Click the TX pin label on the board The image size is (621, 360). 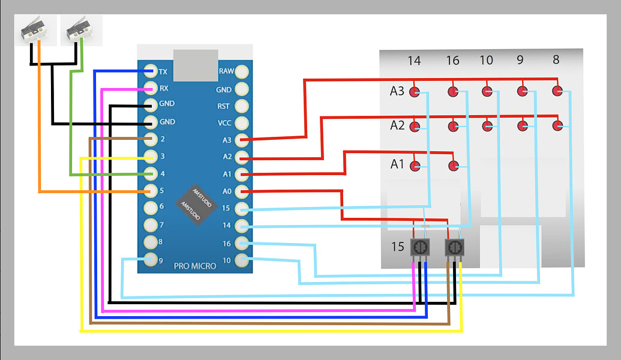[163, 71]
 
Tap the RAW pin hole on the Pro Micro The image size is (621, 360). [242, 71]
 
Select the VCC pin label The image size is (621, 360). [224, 123]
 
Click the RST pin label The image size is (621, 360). [224, 106]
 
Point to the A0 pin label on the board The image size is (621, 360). [227, 191]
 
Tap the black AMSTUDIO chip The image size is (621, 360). [196, 203]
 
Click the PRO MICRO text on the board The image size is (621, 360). [195, 266]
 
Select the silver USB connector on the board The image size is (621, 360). [196, 63]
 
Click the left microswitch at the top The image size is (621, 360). [34, 29]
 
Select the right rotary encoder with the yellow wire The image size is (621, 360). [455, 247]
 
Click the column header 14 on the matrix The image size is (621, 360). [414, 61]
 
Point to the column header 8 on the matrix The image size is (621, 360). [556, 59]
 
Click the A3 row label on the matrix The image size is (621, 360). [397, 91]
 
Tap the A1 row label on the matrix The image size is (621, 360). [397, 164]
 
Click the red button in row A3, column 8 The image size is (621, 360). [557, 91]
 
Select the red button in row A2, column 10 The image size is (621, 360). [487, 126]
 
